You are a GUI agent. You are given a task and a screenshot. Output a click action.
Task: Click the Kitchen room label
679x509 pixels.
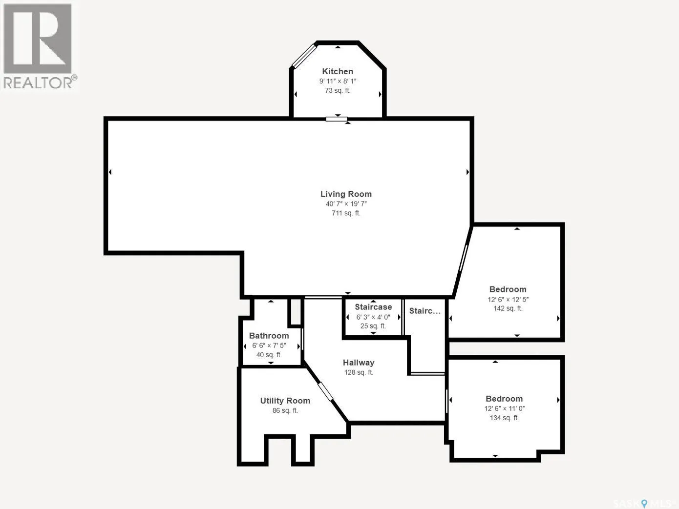338,71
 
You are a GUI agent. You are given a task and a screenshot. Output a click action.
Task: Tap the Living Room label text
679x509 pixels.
346,194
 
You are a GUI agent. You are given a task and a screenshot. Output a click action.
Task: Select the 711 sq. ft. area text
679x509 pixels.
346,213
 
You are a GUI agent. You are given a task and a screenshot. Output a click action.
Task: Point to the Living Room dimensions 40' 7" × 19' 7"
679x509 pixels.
346,204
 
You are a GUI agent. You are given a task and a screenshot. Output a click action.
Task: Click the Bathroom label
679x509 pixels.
269,336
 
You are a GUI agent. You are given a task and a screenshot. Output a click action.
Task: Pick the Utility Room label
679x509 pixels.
285,401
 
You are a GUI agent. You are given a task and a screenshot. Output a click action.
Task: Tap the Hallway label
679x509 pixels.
359,363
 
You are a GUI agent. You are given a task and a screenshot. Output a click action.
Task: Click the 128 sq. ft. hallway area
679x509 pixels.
359,372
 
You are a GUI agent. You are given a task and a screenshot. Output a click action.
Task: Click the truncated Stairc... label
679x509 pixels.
424,310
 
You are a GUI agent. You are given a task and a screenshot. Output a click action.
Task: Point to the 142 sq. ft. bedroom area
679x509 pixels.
508,308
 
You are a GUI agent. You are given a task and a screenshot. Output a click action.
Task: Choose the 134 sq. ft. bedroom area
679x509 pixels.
504,418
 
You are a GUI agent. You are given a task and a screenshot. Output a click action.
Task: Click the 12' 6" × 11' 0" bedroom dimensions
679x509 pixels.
504,408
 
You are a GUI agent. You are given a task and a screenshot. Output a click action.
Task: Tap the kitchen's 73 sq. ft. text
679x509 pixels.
338,91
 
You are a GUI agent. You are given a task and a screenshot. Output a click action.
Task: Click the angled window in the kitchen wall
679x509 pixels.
304,56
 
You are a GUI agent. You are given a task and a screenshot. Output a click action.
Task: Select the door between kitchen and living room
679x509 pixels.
337,119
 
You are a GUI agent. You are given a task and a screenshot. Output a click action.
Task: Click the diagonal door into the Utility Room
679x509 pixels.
326,391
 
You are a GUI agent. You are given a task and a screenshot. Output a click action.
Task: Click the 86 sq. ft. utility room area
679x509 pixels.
285,410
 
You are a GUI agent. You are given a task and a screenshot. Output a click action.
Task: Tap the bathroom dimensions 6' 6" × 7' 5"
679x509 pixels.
269,346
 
